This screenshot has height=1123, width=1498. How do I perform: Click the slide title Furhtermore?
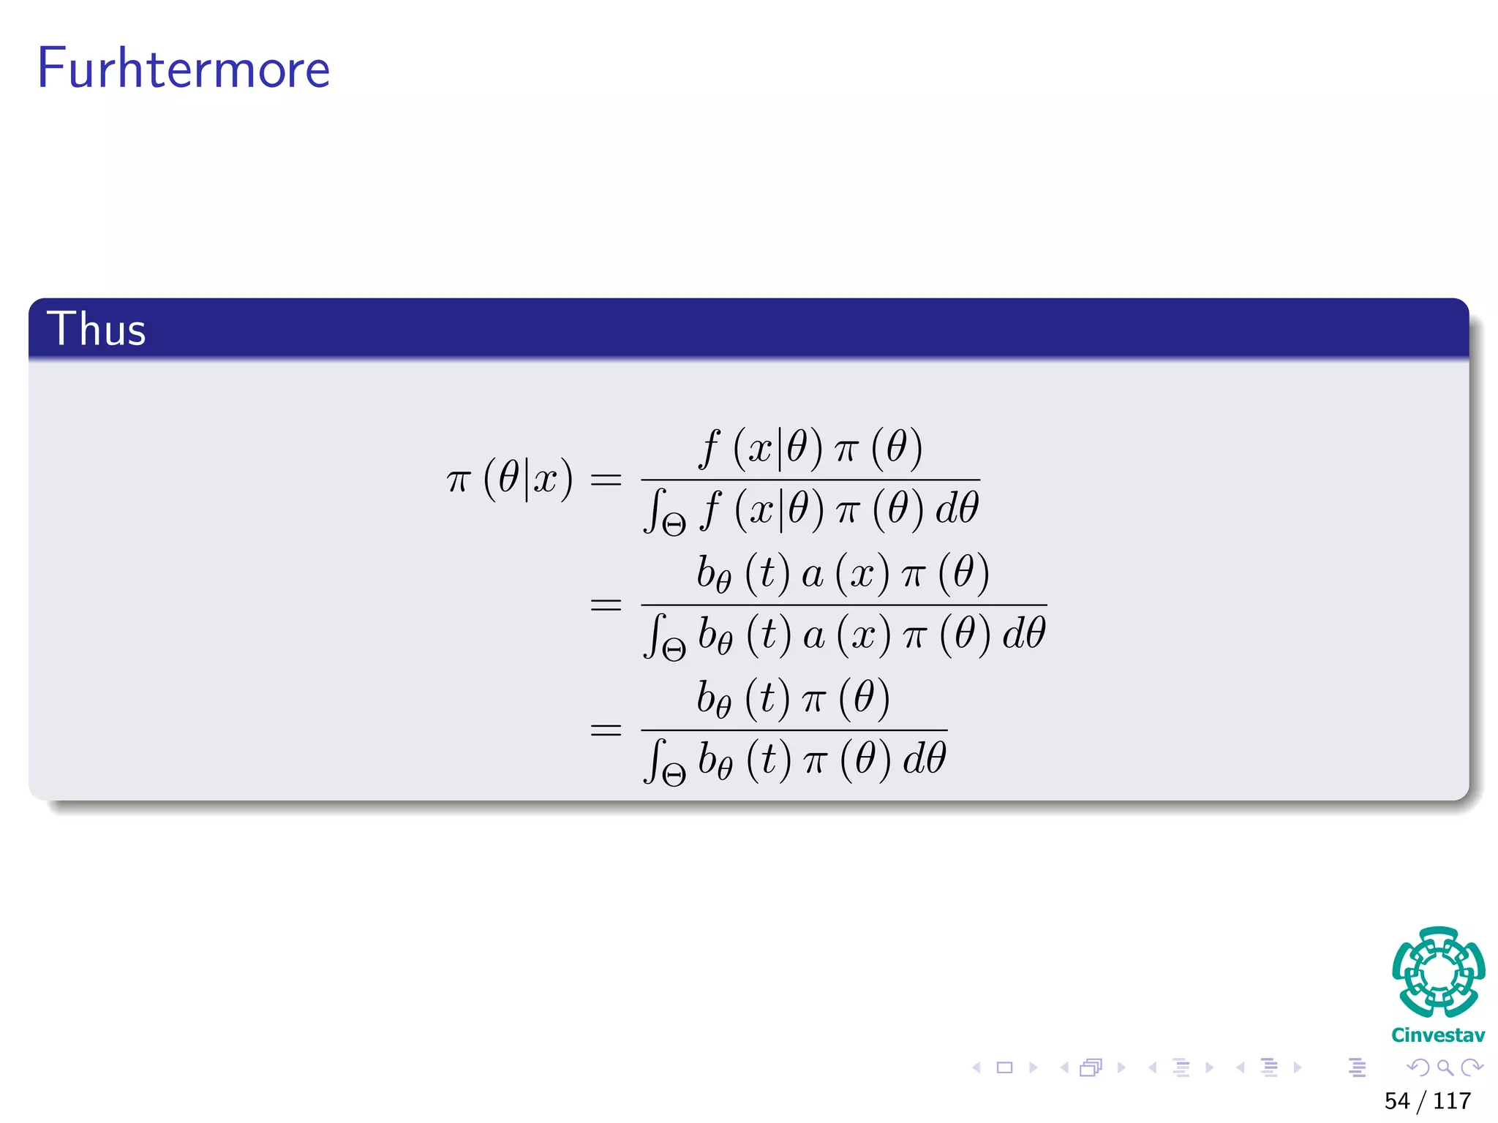(x=183, y=68)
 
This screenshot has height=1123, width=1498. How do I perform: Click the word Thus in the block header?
(x=96, y=328)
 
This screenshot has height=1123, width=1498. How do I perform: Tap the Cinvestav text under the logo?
(x=1437, y=1035)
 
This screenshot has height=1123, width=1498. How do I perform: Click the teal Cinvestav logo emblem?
(x=1438, y=972)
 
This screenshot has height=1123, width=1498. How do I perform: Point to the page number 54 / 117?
(x=1427, y=1100)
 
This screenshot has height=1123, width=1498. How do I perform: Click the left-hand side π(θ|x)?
(x=510, y=480)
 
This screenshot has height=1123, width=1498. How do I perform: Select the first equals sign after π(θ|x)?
(x=606, y=480)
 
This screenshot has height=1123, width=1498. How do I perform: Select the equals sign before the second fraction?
(x=606, y=605)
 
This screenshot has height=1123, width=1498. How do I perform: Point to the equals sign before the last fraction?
(x=606, y=730)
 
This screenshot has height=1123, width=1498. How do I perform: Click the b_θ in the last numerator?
(x=713, y=699)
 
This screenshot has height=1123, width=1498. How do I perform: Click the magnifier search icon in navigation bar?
(x=1445, y=1068)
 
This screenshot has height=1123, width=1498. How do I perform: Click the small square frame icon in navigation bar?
(x=1004, y=1068)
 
